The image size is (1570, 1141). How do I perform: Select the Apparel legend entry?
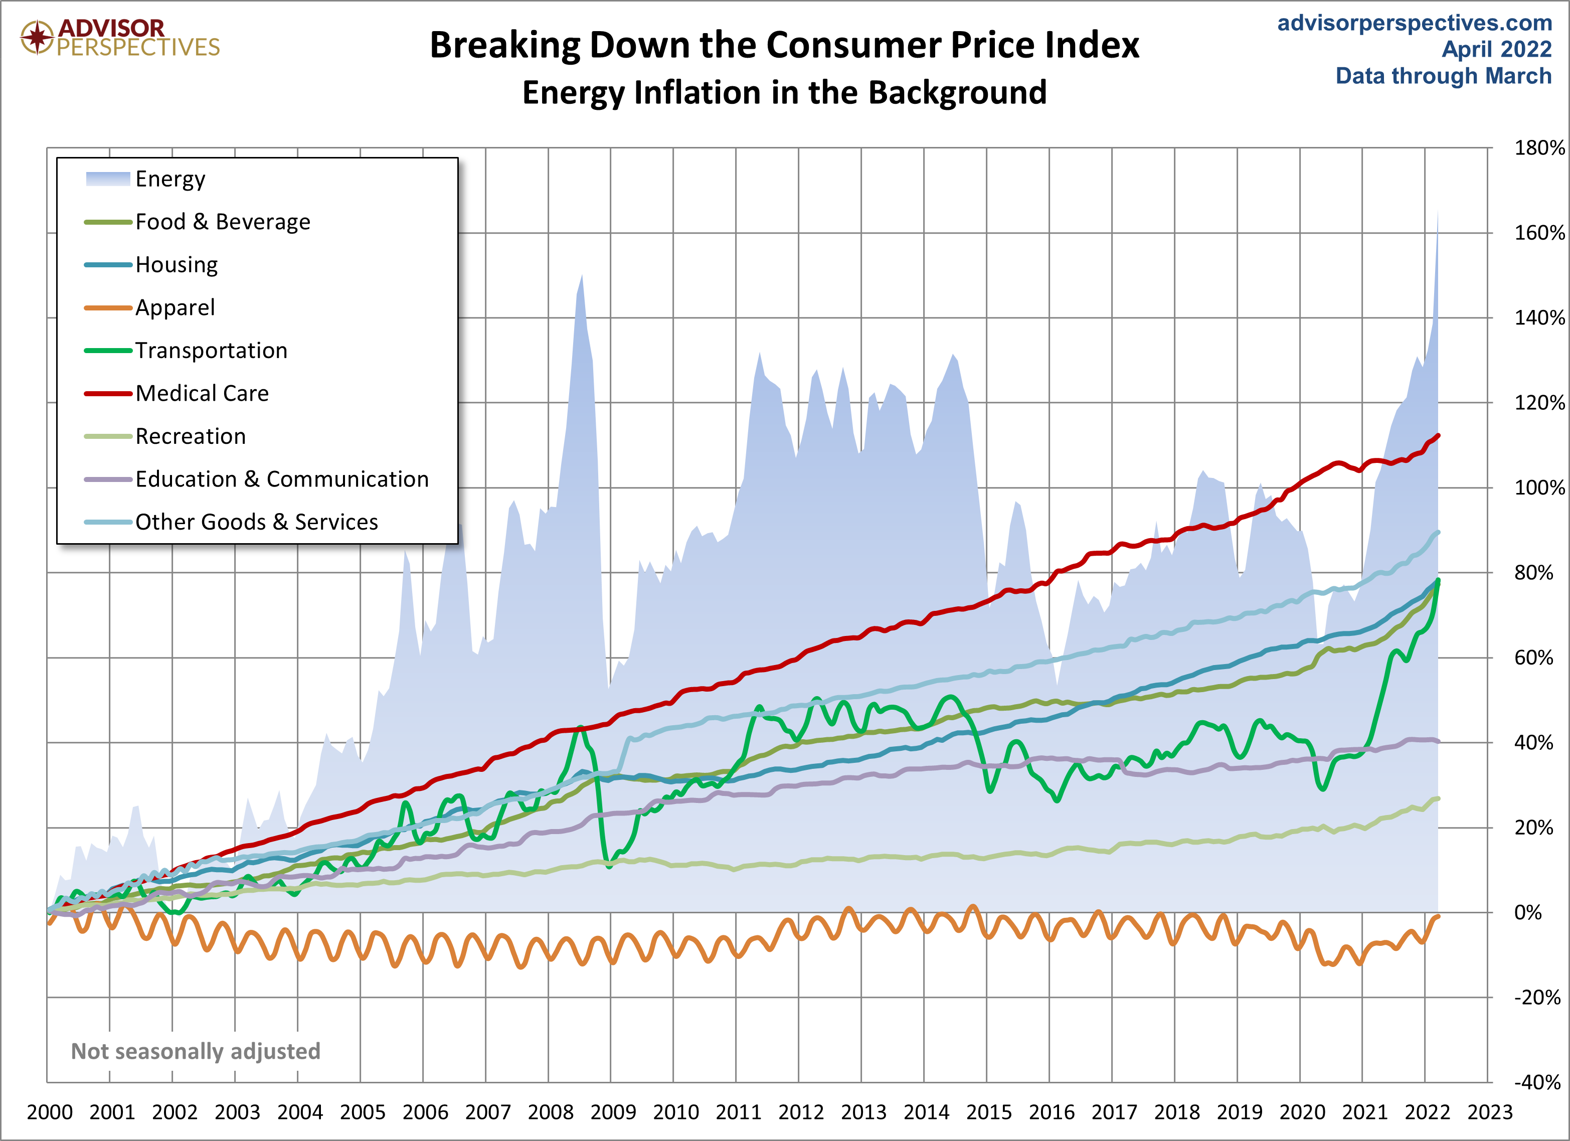[175, 307]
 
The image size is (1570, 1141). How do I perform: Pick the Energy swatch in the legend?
[107, 179]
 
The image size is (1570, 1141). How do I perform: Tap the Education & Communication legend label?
[282, 479]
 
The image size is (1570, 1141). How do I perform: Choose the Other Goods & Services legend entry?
[256, 522]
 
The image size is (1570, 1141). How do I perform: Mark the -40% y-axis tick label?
[1537, 1082]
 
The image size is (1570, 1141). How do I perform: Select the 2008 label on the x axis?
[551, 1112]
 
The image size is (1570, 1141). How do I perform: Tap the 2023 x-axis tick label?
[1490, 1112]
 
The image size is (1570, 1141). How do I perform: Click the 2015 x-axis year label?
[988, 1112]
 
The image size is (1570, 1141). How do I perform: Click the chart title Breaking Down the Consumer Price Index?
[784, 46]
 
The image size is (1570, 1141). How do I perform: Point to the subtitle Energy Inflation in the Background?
[784, 93]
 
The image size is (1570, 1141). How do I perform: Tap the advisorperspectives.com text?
[1414, 23]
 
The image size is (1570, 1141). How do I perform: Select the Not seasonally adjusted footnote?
[196, 1051]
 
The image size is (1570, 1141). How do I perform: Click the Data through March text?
[1443, 75]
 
